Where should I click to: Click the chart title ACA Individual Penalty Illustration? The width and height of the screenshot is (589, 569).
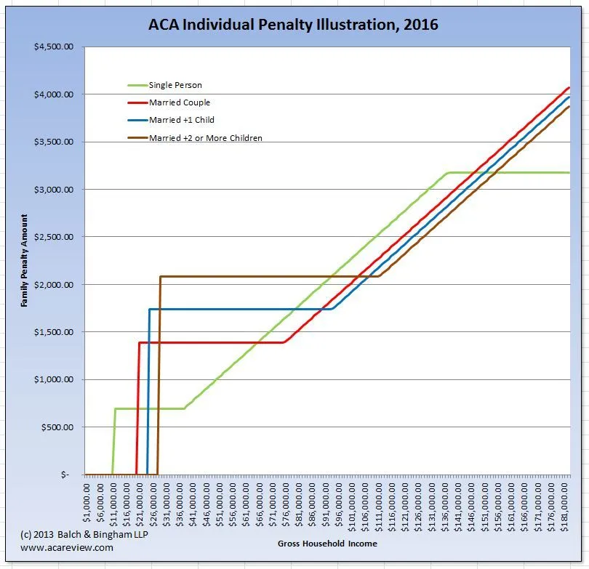pos(294,25)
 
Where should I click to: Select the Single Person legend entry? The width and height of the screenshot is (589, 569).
pos(175,85)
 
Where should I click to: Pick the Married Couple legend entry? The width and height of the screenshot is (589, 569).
pos(179,102)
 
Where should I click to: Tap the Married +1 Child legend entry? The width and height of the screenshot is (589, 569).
pos(181,120)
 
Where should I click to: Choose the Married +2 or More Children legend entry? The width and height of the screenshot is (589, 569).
pos(205,137)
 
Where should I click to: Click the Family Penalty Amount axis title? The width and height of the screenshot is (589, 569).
pos(24,260)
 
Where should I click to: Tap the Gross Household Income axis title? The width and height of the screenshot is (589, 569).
pos(327,544)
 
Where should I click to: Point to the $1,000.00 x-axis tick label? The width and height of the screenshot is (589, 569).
pos(87,501)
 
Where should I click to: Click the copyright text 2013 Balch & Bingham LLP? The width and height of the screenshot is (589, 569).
pos(70,535)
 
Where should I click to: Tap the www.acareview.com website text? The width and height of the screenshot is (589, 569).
pos(67,548)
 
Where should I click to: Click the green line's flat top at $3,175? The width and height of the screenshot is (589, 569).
pos(509,173)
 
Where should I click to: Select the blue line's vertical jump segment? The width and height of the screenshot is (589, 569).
pos(148,392)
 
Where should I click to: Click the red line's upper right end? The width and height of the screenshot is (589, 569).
pos(567,89)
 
